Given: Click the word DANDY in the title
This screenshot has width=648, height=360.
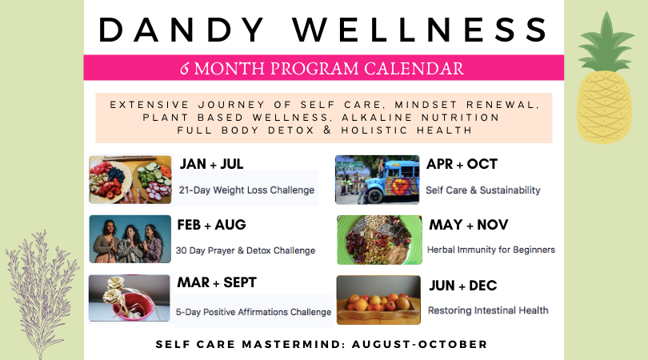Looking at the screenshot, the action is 182,30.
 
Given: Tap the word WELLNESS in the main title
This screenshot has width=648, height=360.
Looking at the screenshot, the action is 420,30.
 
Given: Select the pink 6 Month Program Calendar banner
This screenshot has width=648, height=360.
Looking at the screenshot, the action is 323,68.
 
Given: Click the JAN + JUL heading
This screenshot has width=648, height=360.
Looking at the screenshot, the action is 211,164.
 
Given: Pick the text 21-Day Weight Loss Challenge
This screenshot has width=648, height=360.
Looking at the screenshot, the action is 246,190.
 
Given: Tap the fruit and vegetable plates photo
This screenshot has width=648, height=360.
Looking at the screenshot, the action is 130,179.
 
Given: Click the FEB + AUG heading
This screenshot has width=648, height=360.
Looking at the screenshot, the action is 211,225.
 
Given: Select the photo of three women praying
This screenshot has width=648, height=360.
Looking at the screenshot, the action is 130,239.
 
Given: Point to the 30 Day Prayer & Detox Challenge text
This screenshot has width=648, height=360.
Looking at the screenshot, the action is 246,250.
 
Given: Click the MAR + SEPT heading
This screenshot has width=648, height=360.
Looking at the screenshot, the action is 217,282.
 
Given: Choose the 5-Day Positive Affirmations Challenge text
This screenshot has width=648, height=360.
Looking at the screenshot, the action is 254,312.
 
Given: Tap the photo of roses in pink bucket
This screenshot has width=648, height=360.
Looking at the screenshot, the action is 130,298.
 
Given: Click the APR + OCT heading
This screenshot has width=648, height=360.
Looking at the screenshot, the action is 462,164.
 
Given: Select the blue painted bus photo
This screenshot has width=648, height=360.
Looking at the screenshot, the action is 378,180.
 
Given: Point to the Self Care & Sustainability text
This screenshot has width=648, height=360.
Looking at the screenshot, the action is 482,190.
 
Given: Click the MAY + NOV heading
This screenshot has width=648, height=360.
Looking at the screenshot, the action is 469,225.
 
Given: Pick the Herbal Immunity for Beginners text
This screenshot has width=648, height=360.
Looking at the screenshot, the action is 491,250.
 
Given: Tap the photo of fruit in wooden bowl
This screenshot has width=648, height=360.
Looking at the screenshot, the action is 378,300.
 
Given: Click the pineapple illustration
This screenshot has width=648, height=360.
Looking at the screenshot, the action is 605,78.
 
